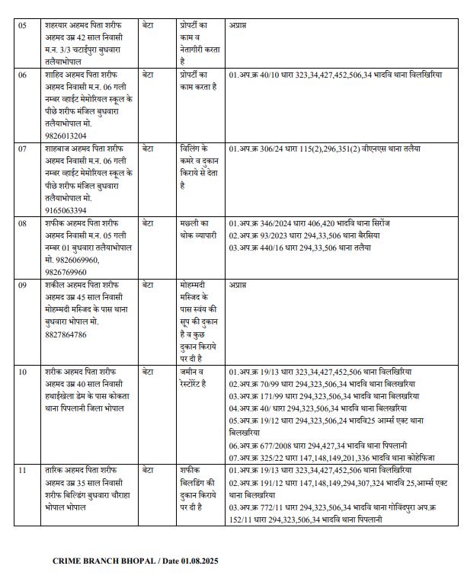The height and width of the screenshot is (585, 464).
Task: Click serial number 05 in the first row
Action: (23, 26)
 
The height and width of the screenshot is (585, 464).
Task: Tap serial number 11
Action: (23, 471)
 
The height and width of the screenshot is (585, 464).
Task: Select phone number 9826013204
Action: (66, 136)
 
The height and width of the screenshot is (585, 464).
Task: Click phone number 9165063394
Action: (66, 209)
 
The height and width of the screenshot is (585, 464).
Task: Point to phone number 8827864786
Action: (66, 334)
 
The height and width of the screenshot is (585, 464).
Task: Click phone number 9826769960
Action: (66, 272)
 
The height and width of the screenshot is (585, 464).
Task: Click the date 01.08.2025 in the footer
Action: (200, 561)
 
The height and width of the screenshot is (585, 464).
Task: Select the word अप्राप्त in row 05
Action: (238, 26)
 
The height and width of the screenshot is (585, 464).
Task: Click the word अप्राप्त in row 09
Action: (238, 285)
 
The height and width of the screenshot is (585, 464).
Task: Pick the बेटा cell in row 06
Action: (149, 75)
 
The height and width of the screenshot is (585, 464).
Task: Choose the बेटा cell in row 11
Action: (149, 471)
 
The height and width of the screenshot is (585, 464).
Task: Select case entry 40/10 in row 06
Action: (266, 75)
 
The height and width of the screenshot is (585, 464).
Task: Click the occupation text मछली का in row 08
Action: (194, 223)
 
